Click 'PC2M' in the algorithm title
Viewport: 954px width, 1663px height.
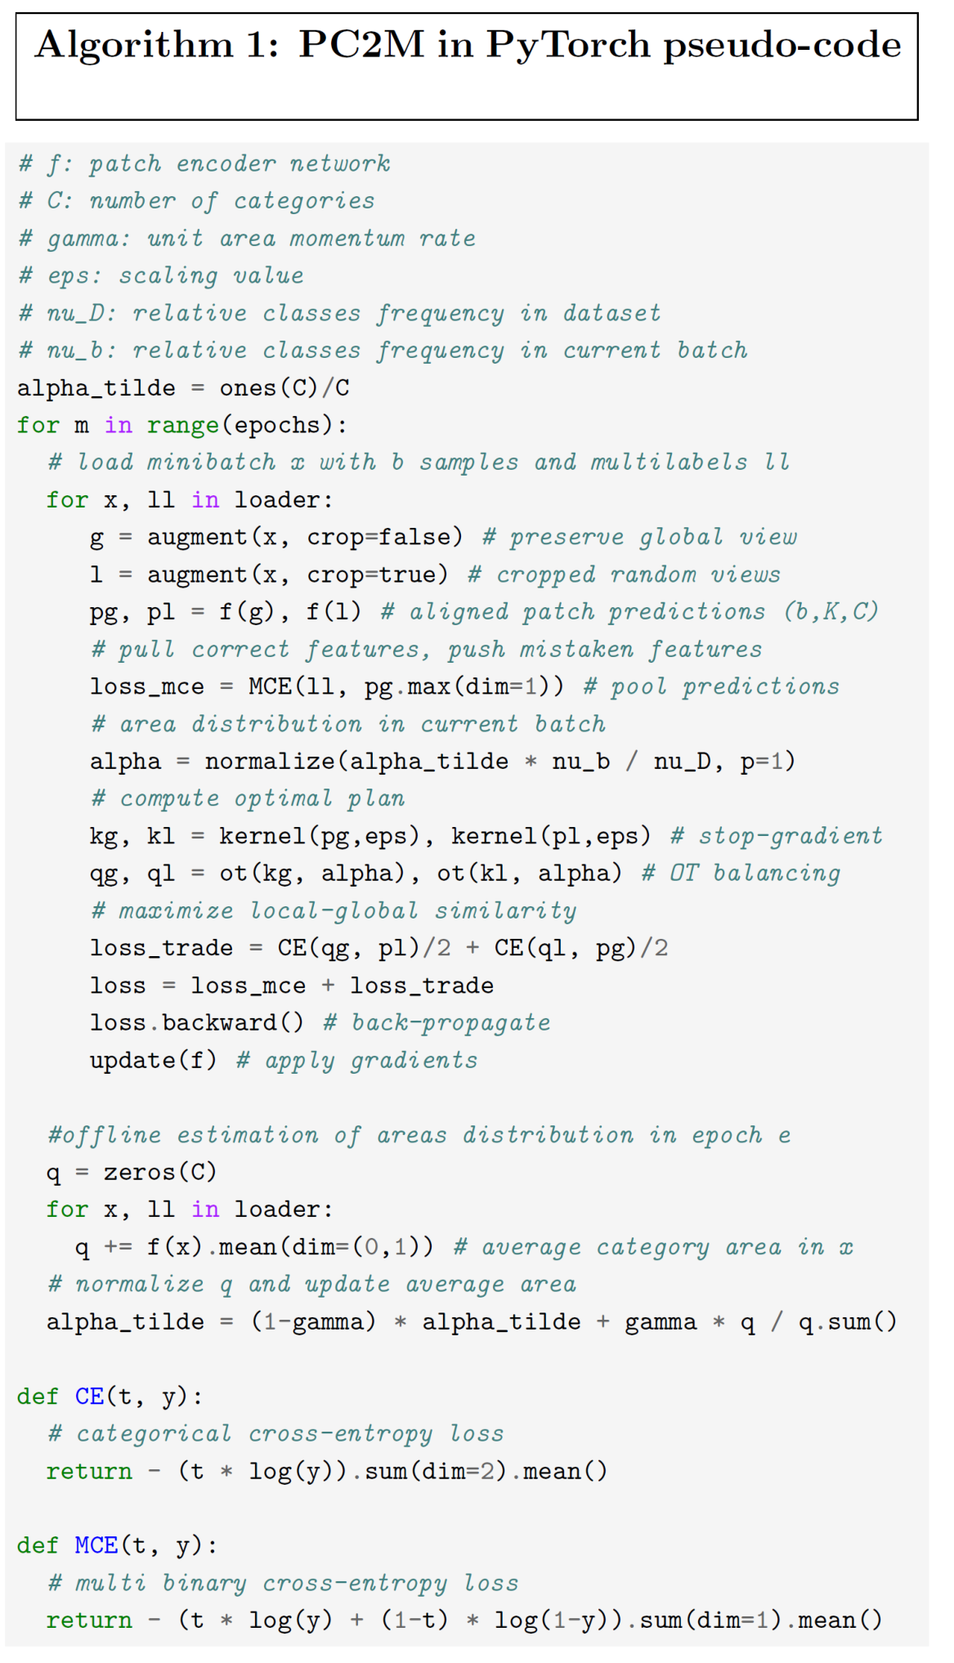tap(361, 44)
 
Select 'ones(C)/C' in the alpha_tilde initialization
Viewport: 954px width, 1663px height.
tap(284, 388)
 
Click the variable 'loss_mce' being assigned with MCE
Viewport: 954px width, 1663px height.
tap(147, 687)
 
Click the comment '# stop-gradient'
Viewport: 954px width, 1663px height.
tap(777, 836)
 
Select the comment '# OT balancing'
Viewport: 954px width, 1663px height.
tap(741, 874)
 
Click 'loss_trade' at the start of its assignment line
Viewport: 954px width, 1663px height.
tap(162, 949)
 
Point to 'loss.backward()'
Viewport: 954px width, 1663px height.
tap(197, 1023)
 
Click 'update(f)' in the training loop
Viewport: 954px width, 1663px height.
tap(154, 1061)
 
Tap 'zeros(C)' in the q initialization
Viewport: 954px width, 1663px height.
tap(160, 1173)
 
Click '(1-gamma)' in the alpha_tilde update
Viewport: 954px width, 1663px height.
tap(313, 1322)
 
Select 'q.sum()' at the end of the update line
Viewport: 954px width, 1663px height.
tap(848, 1322)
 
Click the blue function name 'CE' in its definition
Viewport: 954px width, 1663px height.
tap(89, 1397)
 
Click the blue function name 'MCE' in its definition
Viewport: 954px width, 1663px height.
tap(96, 1546)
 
